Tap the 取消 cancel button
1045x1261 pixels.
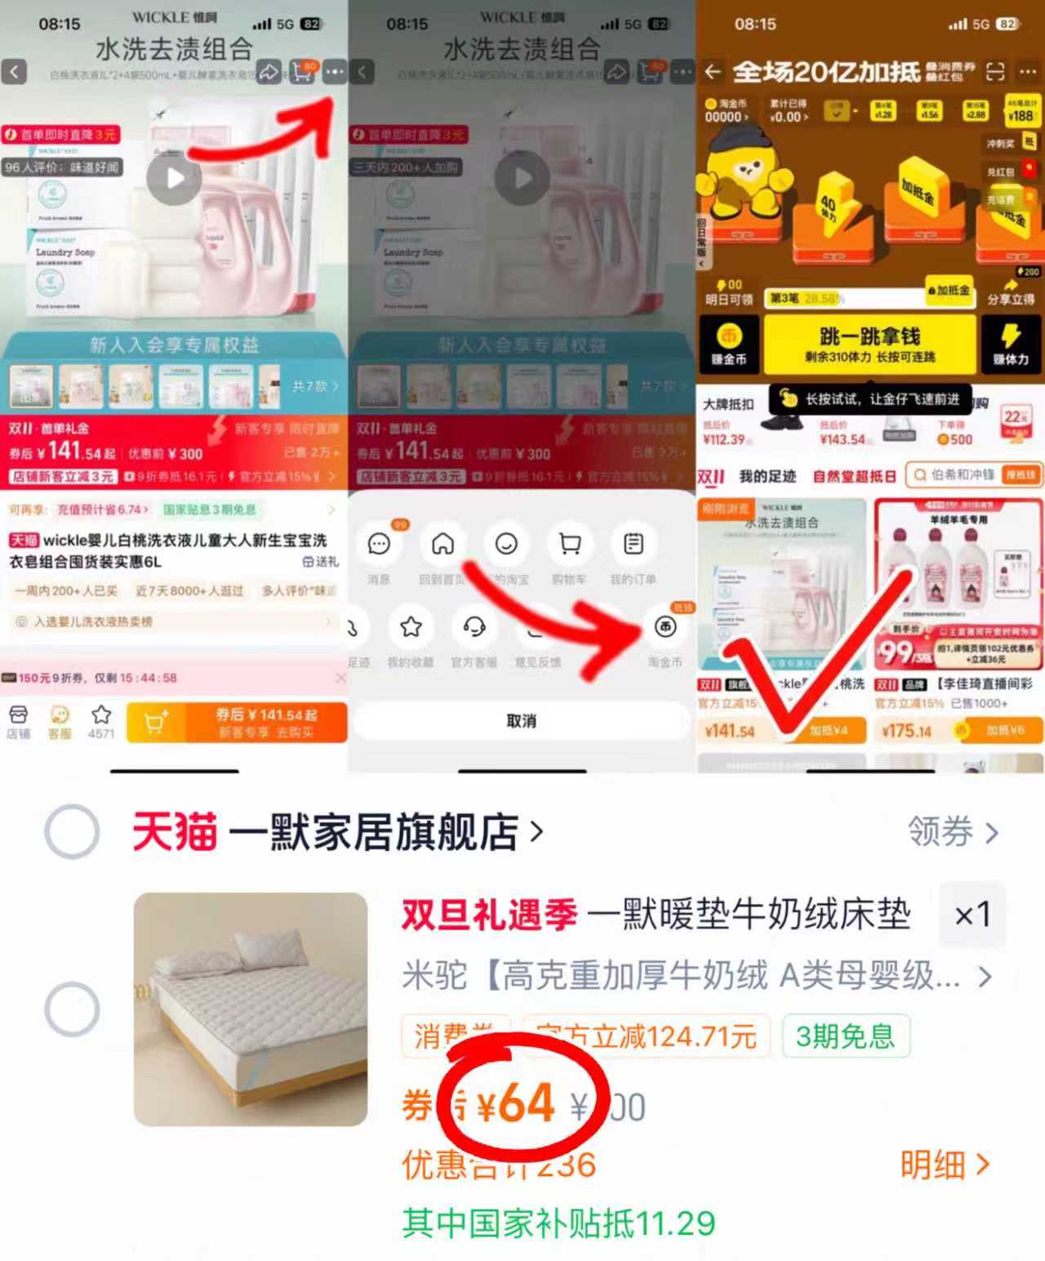click(x=521, y=721)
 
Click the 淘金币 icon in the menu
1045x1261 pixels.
click(x=665, y=627)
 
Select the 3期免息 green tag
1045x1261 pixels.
click(x=845, y=1036)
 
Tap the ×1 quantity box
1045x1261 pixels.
click(x=972, y=915)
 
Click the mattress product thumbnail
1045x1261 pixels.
click(x=251, y=1009)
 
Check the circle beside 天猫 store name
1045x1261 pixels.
click(x=73, y=831)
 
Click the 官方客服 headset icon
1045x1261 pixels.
click(x=474, y=627)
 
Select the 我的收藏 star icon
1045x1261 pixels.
click(x=411, y=627)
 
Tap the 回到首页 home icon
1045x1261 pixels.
click(x=442, y=544)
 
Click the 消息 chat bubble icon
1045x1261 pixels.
click(x=379, y=544)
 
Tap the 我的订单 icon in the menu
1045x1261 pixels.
click(x=634, y=544)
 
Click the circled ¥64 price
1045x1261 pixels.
click(x=519, y=1104)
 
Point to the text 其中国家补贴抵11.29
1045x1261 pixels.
click(x=558, y=1223)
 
